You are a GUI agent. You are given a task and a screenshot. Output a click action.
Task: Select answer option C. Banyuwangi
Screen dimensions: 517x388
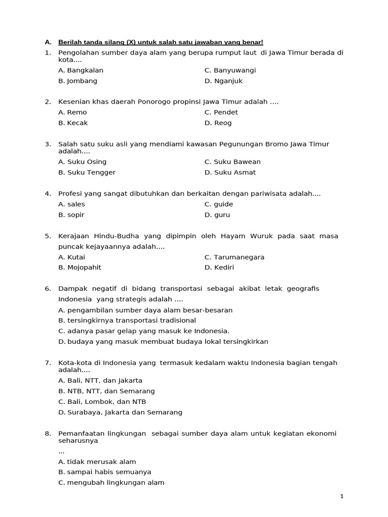click(x=230, y=71)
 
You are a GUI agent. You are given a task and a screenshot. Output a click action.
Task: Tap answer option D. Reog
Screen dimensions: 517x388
click(x=218, y=123)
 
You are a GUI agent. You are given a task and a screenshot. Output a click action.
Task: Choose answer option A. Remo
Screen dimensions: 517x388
click(x=73, y=113)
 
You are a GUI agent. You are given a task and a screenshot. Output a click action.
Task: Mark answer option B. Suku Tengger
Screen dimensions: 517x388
click(x=87, y=173)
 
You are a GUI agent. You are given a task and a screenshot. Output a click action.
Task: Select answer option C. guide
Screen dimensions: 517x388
click(x=219, y=204)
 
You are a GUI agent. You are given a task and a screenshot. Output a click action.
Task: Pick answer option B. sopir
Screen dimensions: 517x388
click(x=71, y=215)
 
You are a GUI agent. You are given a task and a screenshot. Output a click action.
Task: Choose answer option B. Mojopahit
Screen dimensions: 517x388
click(x=80, y=268)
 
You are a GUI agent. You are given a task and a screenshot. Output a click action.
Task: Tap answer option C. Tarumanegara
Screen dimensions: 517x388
click(x=234, y=257)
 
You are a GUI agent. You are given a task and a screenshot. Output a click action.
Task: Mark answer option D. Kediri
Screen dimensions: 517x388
click(x=219, y=268)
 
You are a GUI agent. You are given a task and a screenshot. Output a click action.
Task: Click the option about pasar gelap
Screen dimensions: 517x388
click(x=144, y=331)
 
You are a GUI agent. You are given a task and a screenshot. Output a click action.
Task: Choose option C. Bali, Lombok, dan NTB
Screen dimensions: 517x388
click(x=102, y=402)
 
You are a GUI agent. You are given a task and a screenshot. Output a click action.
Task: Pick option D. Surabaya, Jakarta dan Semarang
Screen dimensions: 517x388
click(x=120, y=412)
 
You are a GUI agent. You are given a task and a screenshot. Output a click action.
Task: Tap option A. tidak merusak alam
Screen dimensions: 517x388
click(x=97, y=462)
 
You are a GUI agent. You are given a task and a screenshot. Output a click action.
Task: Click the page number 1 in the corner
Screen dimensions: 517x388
click(x=342, y=497)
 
